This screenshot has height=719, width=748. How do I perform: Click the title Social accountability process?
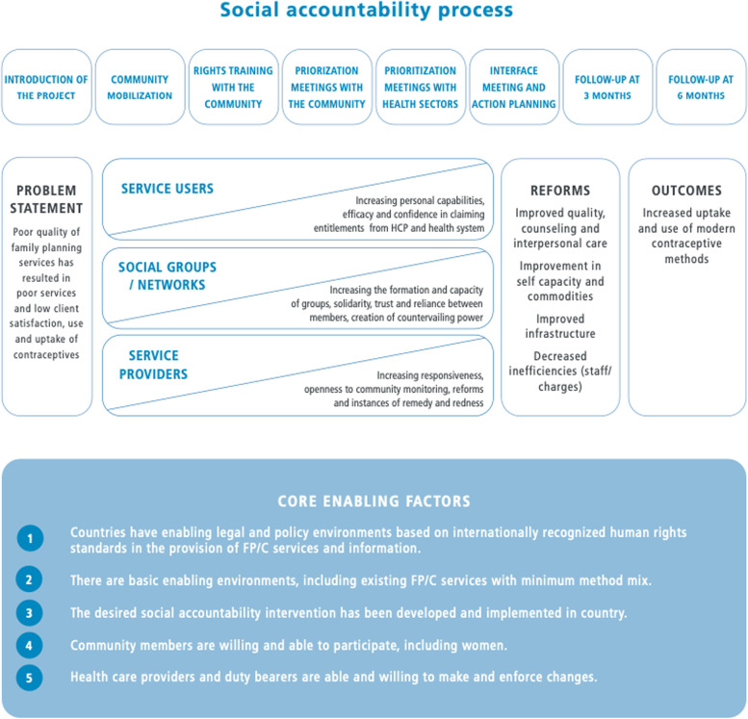coord(366,13)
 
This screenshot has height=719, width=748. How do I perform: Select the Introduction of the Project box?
coord(46,88)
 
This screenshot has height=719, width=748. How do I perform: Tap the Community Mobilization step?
coord(141,88)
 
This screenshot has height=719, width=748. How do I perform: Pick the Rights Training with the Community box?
coord(233,88)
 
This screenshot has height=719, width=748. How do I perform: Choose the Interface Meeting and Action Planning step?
coord(513,88)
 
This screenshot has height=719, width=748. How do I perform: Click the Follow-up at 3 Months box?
coord(606,88)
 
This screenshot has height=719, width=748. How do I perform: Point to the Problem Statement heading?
coord(46,199)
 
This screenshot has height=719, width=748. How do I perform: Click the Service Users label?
coord(168,189)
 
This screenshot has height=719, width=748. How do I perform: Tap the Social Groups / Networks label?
coord(168,274)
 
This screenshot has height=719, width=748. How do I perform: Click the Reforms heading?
coord(559,191)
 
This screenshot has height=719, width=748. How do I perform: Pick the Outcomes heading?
coord(686,191)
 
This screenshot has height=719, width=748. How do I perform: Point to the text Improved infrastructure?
coord(559,326)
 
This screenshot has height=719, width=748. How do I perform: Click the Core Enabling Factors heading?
coord(374,501)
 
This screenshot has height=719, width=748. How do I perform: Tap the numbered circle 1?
coord(29,539)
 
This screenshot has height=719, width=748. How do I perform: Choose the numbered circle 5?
coord(29,678)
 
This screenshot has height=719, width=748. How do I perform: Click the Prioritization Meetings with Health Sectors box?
coord(421,88)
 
